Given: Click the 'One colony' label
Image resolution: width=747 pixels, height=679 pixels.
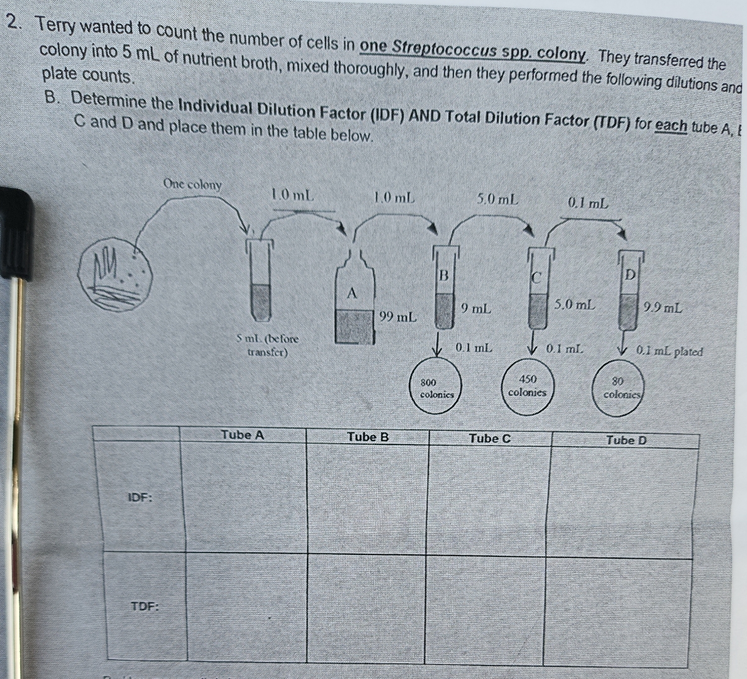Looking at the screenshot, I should pyautogui.click(x=192, y=184).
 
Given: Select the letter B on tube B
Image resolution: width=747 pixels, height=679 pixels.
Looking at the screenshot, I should pyautogui.click(x=443, y=275).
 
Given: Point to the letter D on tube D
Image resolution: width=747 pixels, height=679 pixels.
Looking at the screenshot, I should pyautogui.click(x=629, y=275).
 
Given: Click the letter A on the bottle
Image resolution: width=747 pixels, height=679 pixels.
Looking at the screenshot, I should pyautogui.click(x=352, y=293).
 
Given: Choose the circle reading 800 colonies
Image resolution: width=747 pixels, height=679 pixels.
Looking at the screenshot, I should pyautogui.click(x=436, y=388).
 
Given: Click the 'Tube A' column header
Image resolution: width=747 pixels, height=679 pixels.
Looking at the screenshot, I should pyautogui.click(x=242, y=434).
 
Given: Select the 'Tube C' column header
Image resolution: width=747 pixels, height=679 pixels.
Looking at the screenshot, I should pyautogui.click(x=490, y=438).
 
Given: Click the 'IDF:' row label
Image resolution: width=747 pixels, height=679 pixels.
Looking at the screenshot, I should pyautogui.click(x=140, y=497).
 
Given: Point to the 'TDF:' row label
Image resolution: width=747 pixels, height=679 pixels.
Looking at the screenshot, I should pyautogui.click(x=144, y=607).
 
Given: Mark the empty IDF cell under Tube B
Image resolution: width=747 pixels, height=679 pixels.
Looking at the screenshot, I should pyautogui.click(x=368, y=497).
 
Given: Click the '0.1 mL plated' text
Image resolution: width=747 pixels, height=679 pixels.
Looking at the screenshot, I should pyautogui.click(x=668, y=351).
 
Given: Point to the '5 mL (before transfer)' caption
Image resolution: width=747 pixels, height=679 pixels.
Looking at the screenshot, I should pyautogui.click(x=267, y=345).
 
